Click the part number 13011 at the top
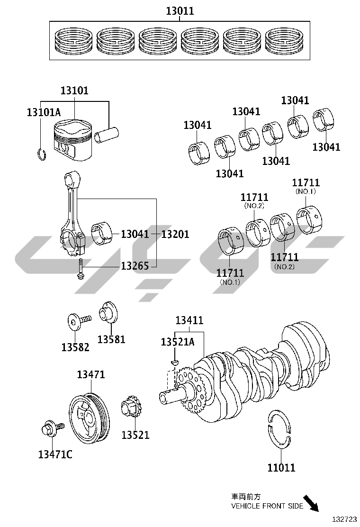tap(180, 11)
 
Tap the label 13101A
tap(44, 112)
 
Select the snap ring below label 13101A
tap(41, 154)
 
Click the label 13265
tap(135, 266)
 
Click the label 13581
tap(111, 339)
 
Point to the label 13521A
tap(178, 342)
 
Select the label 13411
tap(189, 320)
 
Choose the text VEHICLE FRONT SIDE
tap(267, 506)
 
